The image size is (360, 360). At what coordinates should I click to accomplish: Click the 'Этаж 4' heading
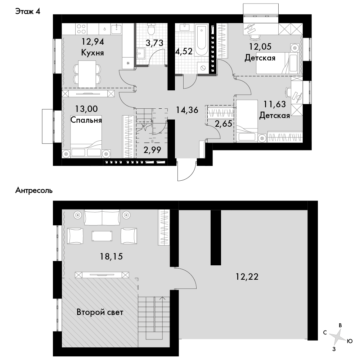tap(28, 11)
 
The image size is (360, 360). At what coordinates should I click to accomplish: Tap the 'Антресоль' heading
tap(34, 190)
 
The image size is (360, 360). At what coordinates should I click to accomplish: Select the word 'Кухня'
tap(93, 53)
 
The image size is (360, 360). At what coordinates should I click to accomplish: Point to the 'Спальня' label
tap(86, 120)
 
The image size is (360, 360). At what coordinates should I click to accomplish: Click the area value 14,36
tap(187, 110)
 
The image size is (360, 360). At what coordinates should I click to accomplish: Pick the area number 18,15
tap(111, 256)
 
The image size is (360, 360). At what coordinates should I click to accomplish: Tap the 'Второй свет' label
tap(100, 312)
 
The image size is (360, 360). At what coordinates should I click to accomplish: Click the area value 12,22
tap(247, 276)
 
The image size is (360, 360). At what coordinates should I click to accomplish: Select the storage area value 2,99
tap(152, 150)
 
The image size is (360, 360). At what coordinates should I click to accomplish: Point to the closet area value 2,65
tap(224, 124)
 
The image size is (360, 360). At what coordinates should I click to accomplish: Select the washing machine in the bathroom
tap(203, 68)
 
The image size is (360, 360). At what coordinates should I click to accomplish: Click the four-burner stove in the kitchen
tap(81, 29)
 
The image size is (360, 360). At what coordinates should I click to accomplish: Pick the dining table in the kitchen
tap(87, 74)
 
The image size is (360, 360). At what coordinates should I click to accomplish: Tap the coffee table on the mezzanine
tap(102, 236)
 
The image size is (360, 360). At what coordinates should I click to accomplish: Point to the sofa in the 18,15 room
tap(102, 217)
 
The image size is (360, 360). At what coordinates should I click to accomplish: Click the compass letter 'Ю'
tap(350, 341)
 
